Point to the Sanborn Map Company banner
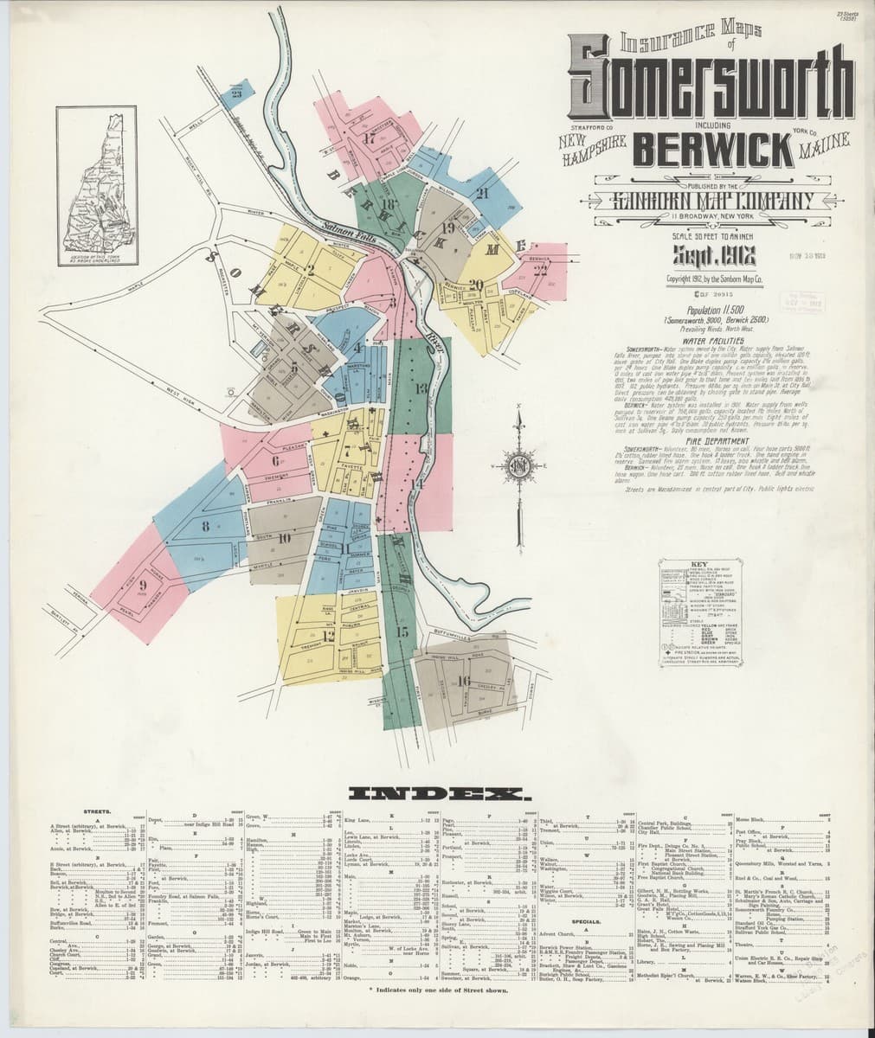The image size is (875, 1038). point(712,200)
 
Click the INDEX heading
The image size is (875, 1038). point(436,792)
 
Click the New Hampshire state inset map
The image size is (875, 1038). point(100,185)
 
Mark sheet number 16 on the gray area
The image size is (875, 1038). point(464,681)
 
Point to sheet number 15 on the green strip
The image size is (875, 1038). point(401,631)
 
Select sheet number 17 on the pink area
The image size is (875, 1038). point(370,138)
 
